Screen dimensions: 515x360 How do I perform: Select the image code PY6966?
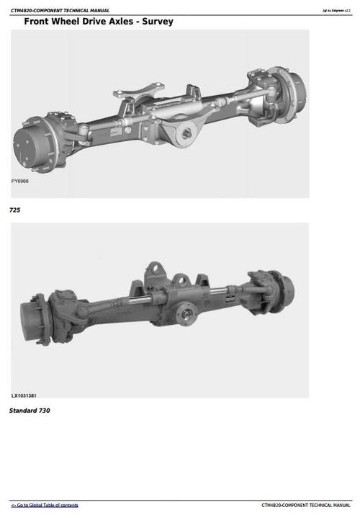21,182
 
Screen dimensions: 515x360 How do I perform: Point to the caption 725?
14,210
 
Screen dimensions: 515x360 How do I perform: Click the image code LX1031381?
25,395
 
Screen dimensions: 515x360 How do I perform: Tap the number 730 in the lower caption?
43,411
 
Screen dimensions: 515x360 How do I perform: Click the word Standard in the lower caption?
22,411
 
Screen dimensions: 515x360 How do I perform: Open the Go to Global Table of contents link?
45,505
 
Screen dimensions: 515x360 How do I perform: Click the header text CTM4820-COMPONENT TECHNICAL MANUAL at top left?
60,10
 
